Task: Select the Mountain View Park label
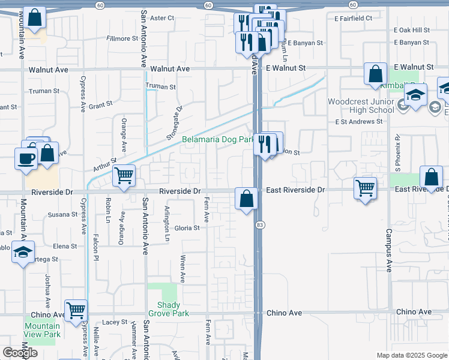(42, 330)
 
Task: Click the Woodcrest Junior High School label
(361, 106)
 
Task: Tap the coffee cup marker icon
(26, 158)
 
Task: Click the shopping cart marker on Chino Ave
(76, 310)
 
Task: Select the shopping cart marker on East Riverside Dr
(366, 188)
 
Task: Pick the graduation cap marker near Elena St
(23, 252)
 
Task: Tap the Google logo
(20, 352)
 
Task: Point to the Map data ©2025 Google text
(412, 355)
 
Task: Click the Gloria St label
(187, 228)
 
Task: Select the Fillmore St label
(122, 38)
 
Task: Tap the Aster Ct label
(161, 18)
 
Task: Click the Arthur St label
(104, 161)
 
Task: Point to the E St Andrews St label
(358, 122)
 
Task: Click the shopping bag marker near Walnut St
(375, 74)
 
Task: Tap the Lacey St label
(114, 322)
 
